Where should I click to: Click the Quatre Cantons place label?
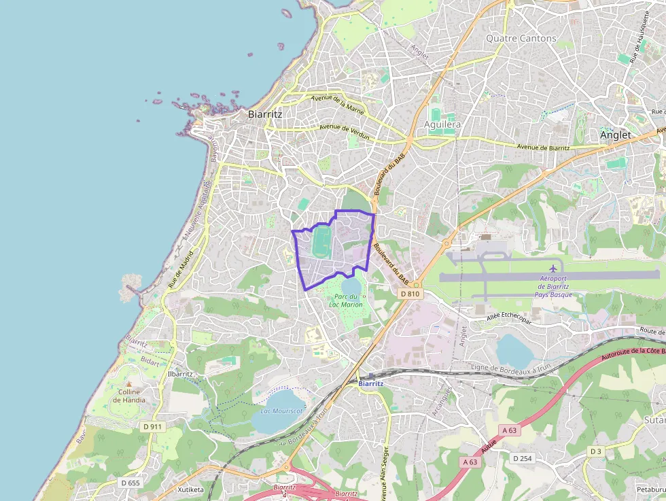(521, 39)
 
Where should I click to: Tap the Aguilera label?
(442, 125)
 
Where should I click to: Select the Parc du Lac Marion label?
(346, 300)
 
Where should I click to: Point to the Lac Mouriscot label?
(281, 411)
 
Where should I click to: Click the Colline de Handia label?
(128, 396)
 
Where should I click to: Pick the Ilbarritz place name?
(181, 374)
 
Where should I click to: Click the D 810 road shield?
(410, 294)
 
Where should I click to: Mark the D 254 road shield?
(522, 458)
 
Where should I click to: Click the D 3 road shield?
(595, 451)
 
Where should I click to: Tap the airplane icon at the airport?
(553, 269)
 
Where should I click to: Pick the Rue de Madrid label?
(180, 268)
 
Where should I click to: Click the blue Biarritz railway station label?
(371, 383)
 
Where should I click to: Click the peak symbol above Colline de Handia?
(128, 384)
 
